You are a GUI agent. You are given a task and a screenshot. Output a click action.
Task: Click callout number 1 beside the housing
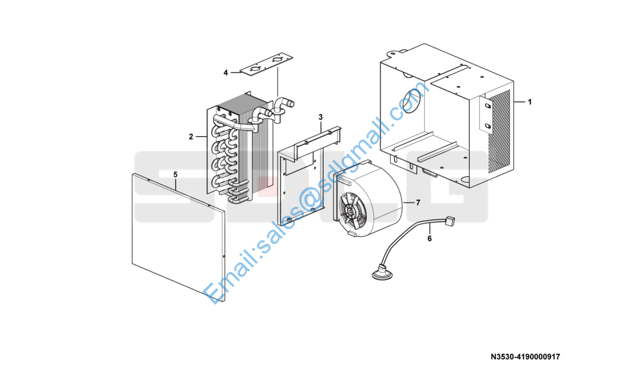tap(529, 102)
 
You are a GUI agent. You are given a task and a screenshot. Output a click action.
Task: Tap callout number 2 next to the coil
tap(191, 136)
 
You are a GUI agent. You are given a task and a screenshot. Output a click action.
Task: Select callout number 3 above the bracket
tap(321, 118)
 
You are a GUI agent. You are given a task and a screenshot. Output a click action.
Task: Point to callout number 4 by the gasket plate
tap(226, 73)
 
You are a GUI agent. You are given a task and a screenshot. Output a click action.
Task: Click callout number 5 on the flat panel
tap(175, 174)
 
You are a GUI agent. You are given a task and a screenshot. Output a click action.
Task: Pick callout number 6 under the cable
tap(430, 239)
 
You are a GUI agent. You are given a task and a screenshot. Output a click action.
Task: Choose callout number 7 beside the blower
tap(418, 203)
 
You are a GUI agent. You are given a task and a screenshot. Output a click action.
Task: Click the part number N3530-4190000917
tap(526, 357)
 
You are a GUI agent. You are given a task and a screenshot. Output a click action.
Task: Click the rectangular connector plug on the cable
tap(450, 221)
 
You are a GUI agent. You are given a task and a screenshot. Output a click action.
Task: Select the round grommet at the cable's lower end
tap(382, 273)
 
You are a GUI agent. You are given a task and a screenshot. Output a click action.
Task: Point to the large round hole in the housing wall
tap(411, 101)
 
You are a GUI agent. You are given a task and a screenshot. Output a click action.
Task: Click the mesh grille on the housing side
tap(499, 131)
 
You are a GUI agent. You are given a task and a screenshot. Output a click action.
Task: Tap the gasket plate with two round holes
tap(266, 65)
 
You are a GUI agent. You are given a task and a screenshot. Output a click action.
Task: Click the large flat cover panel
tap(178, 237)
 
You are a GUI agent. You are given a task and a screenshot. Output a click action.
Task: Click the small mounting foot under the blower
tap(352, 234)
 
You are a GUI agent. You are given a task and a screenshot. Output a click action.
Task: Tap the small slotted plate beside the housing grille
tap(486, 115)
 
